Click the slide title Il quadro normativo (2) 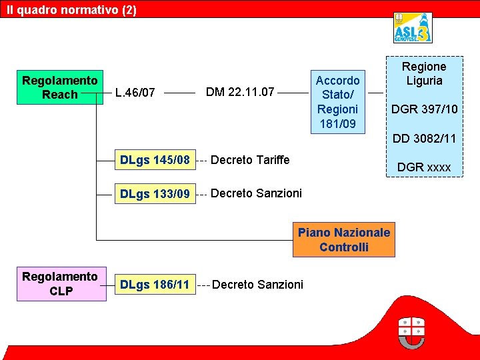pyautogui.click(x=71, y=10)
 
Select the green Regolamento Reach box pyautogui.click(x=60, y=87)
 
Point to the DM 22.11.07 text pyautogui.click(x=240, y=92)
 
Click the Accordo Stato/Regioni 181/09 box pyautogui.click(x=338, y=102)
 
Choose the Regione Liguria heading pyautogui.click(x=424, y=73)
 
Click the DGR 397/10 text pyautogui.click(x=424, y=109)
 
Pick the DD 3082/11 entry pyautogui.click(x=424, y=139)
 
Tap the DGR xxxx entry pyautogui.click(x=424, y=167)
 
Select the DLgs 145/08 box pyautogui.click(x=154, y=160)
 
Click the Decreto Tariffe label pyautogui.click(x=250, y=160)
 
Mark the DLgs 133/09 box pyautogui.click(x=154, y=194)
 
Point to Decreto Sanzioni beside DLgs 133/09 pyautogui.click(x=256, y=193)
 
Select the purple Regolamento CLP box pyautogui.click(x=60, y=284)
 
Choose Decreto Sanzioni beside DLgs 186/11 pyautogui.click(x=257, y=285)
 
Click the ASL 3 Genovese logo pyautogui.click(x=412, y=28)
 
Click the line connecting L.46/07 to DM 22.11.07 pyautogui.click(x=179, y=93)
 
